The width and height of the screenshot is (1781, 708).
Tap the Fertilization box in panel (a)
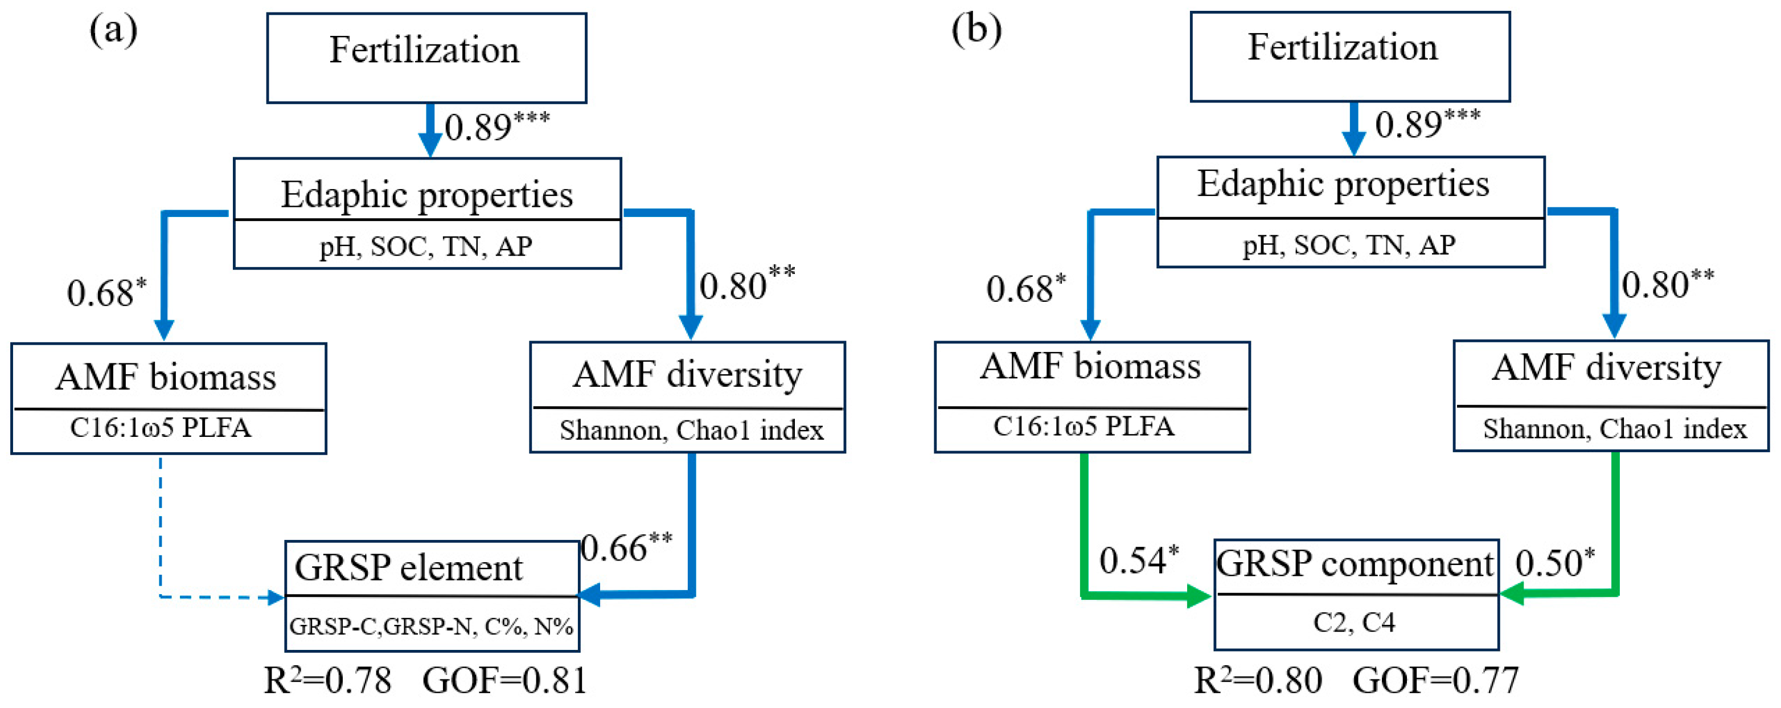pos(426,58)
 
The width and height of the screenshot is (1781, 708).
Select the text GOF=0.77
pos(1435,681)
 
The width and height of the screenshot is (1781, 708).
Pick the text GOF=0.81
pos(504,681)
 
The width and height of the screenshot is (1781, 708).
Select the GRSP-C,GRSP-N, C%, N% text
pos(432,627)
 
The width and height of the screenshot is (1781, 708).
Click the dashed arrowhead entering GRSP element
pos(277,597)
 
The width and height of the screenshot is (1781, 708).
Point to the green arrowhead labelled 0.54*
pos(1199,595)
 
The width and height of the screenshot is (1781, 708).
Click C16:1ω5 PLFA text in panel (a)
pos(161,428)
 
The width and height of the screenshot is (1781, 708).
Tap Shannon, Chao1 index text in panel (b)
pos(1614,429)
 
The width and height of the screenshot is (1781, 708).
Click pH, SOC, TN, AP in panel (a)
pos(426,247)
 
